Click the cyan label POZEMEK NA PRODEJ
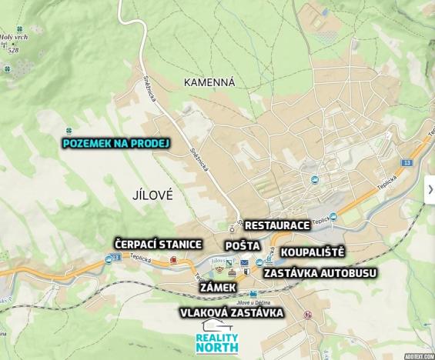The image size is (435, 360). coord(116,142)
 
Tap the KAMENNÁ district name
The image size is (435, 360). coord(209,81)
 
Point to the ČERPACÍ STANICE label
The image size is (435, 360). coord(158,244)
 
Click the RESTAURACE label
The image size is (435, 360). coord(277,225)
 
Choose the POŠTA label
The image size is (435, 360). coord(243,245)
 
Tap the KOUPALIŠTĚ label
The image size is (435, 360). coord(312,252)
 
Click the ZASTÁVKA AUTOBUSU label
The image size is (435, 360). coord(318,272)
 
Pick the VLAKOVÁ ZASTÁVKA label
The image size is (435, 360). coord(232,312)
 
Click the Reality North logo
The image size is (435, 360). coord(218,338)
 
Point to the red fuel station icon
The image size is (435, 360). coord(172,260)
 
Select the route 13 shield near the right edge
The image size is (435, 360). coord(407,165)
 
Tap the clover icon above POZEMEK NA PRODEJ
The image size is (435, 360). coord(69,130)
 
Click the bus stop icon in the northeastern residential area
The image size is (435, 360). coord(314,179)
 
